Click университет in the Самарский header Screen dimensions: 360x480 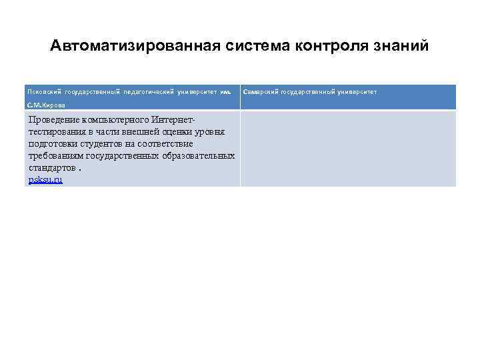tap(353, 91)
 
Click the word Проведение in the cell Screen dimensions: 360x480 tap(53, 120)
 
